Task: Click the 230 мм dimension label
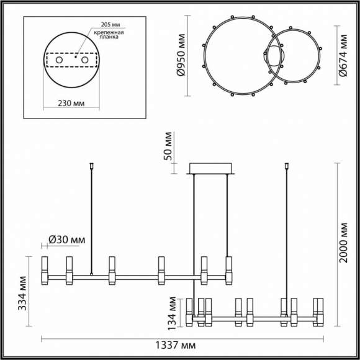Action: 70,105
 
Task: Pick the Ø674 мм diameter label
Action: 342,56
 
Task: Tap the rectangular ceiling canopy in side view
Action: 212,169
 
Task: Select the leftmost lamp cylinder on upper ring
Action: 45,271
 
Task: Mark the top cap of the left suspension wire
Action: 92,166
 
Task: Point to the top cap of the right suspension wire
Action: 287,166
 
